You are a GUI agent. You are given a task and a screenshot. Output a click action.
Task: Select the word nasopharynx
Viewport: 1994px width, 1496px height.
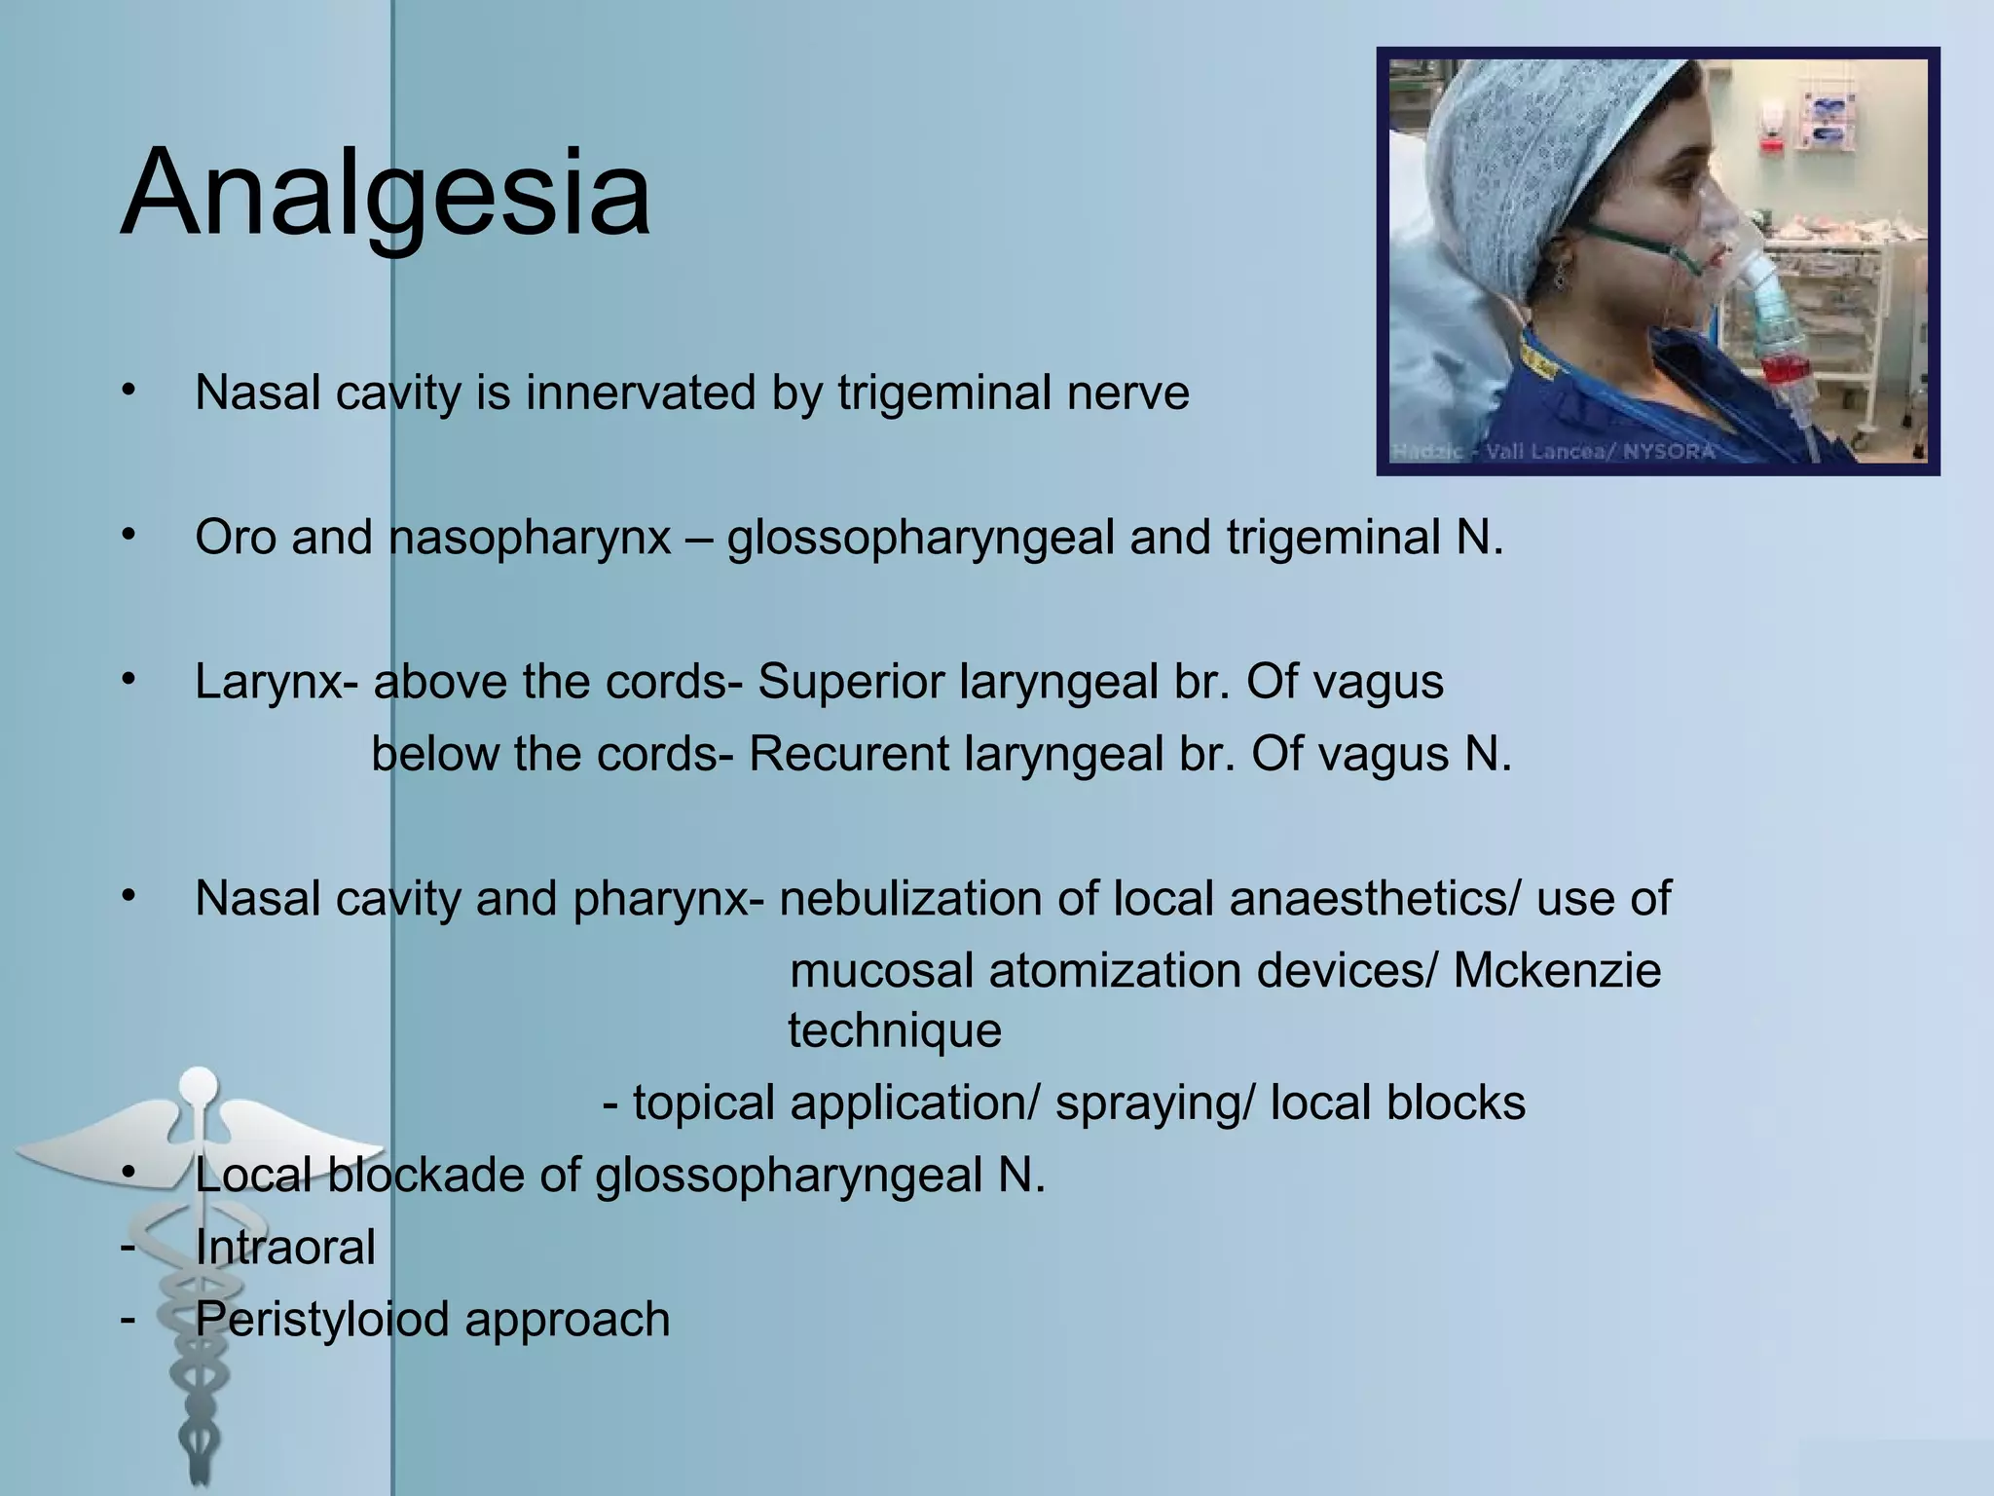530,538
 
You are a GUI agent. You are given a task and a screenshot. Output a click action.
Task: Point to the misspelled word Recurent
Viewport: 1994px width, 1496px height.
847,755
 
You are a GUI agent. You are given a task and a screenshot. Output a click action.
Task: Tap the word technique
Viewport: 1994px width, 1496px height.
894,1030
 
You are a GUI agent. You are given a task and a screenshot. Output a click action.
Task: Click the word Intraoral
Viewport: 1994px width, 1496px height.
284,1248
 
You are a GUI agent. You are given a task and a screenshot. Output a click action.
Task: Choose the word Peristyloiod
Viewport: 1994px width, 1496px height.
321,1321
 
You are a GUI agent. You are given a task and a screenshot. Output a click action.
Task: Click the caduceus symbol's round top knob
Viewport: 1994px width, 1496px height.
199,1083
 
